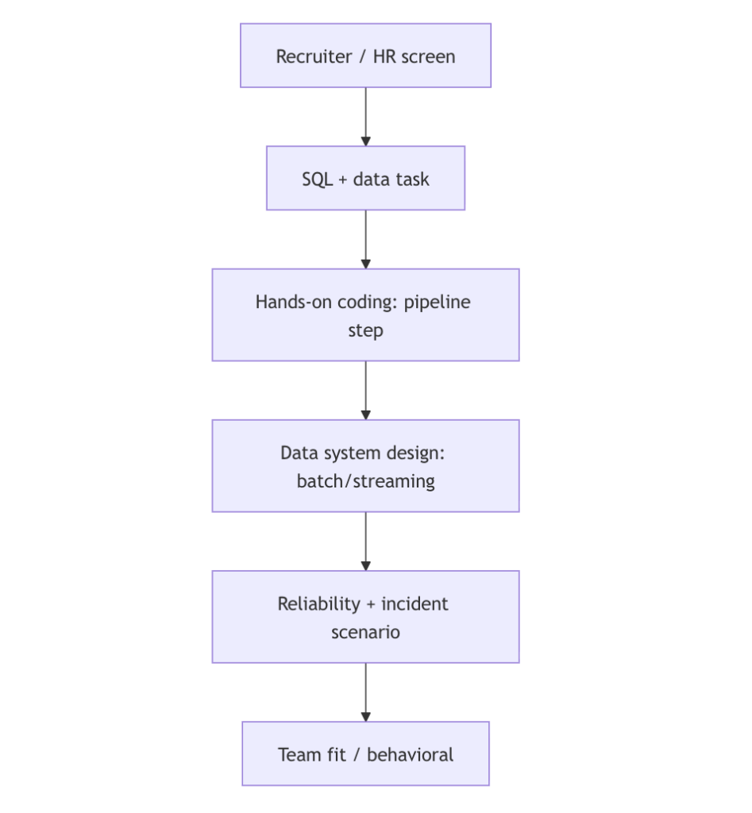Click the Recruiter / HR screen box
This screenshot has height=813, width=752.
[x=365, y=56]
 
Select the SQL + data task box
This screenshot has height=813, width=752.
[x=365, y=178]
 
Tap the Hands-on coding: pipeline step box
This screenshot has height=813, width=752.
[x=365, y=315]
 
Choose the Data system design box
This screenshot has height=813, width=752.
[x=365, y=466]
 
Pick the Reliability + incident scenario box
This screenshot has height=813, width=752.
[x=365, y=617]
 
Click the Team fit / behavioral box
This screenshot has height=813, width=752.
[x=365, y=753]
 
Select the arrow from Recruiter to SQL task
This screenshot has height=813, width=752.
[x=365, y=116]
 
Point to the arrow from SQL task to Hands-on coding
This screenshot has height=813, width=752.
[x=365, y=238]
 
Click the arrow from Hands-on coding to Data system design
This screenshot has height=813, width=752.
[x=365, y=390]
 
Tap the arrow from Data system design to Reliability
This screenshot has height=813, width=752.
[x=365, y=541]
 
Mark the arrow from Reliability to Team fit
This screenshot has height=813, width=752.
[x=365, y=692]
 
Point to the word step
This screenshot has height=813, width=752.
[x=365, y=330]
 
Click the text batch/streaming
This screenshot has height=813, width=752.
[x=365, y=481]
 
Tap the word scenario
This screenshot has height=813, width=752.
[x=365, y=633]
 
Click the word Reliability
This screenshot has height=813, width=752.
[x=318, y=603]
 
